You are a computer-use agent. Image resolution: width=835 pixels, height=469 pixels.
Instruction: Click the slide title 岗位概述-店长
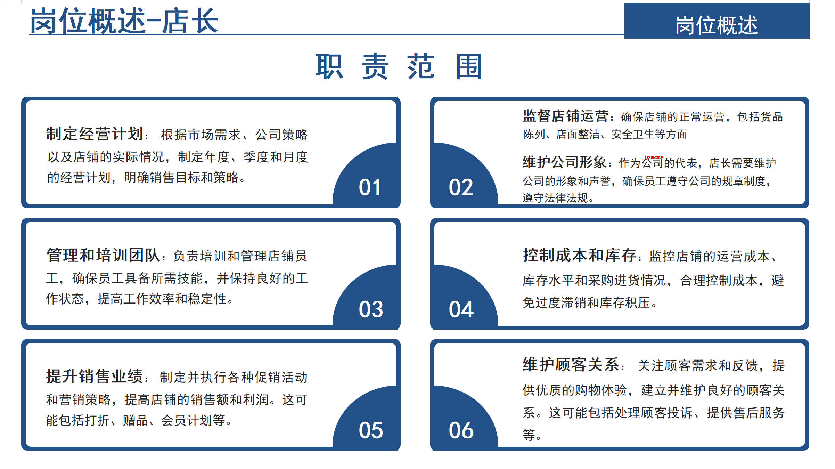click(124, 21)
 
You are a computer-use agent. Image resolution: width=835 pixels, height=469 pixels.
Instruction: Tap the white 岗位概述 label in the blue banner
click(717, 25)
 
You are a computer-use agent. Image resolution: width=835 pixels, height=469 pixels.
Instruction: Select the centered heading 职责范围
click(399, 66)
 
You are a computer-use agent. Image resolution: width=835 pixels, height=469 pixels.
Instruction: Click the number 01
click(370, 187)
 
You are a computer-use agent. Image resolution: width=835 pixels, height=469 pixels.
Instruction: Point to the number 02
click(461, 187)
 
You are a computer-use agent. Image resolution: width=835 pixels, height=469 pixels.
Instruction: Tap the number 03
click(371, 309)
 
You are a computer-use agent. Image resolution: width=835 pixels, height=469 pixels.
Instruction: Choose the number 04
click(461, 309)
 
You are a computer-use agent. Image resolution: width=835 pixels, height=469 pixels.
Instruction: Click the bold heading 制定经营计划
click(95, 134)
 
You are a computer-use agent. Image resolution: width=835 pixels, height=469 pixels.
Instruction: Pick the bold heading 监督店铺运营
click(565, 116)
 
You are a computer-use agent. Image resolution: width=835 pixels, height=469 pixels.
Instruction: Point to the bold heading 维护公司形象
click(565, 162)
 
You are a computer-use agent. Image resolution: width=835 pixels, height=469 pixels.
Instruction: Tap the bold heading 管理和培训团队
click(103, 255)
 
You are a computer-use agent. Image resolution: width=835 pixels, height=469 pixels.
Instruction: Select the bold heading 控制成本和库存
click(580, 255)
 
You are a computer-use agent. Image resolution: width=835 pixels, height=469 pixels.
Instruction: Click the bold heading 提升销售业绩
click(95, 377)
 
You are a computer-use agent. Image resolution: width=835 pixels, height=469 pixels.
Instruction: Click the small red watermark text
click(654, 157)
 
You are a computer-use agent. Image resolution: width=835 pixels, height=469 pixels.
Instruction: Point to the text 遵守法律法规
click(555, 198)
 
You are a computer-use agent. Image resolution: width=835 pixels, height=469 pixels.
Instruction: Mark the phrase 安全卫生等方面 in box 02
click(649, 134)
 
